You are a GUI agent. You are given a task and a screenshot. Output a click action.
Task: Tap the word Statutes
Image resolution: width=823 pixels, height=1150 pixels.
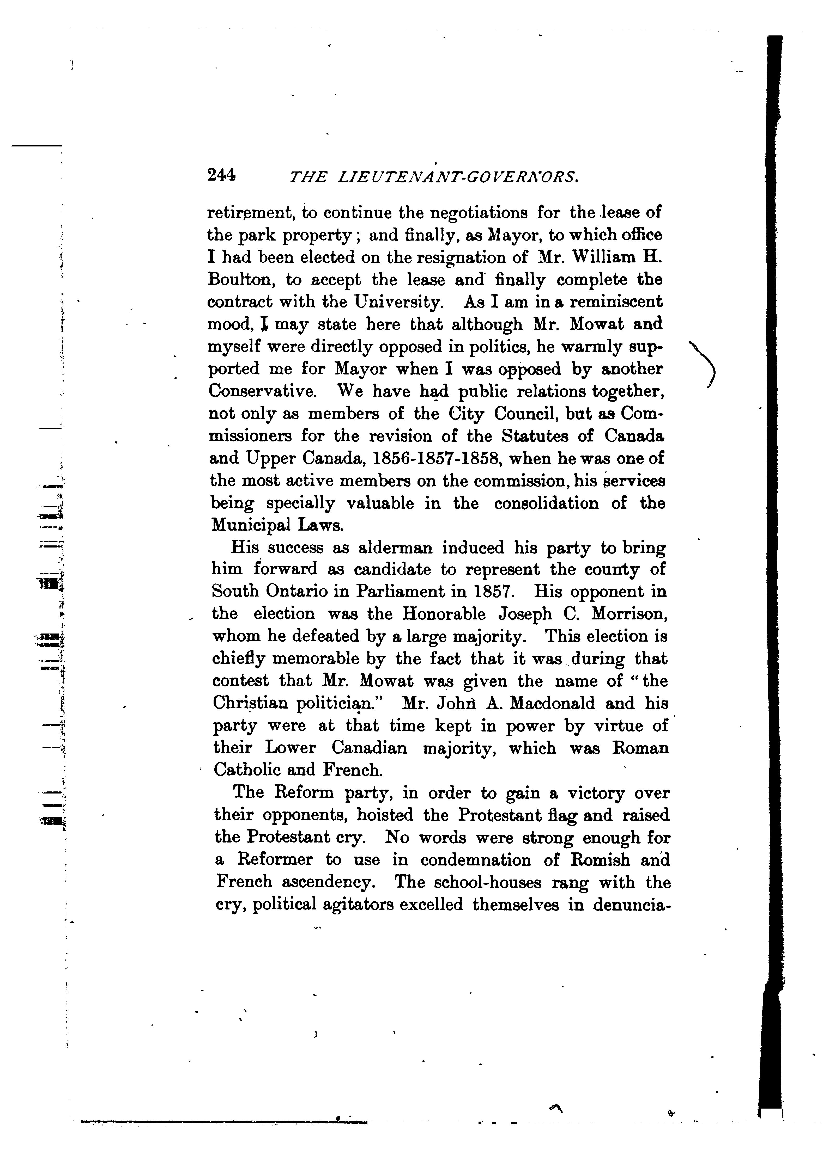538,436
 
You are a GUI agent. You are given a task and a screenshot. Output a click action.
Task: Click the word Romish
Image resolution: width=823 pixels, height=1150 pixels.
601,860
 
